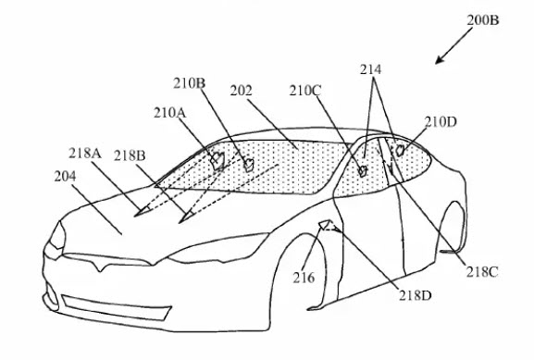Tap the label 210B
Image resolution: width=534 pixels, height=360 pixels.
click(189, 83)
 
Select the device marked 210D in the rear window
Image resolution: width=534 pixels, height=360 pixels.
click(400, 148)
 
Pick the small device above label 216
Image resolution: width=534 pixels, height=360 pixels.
click(325, 225)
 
